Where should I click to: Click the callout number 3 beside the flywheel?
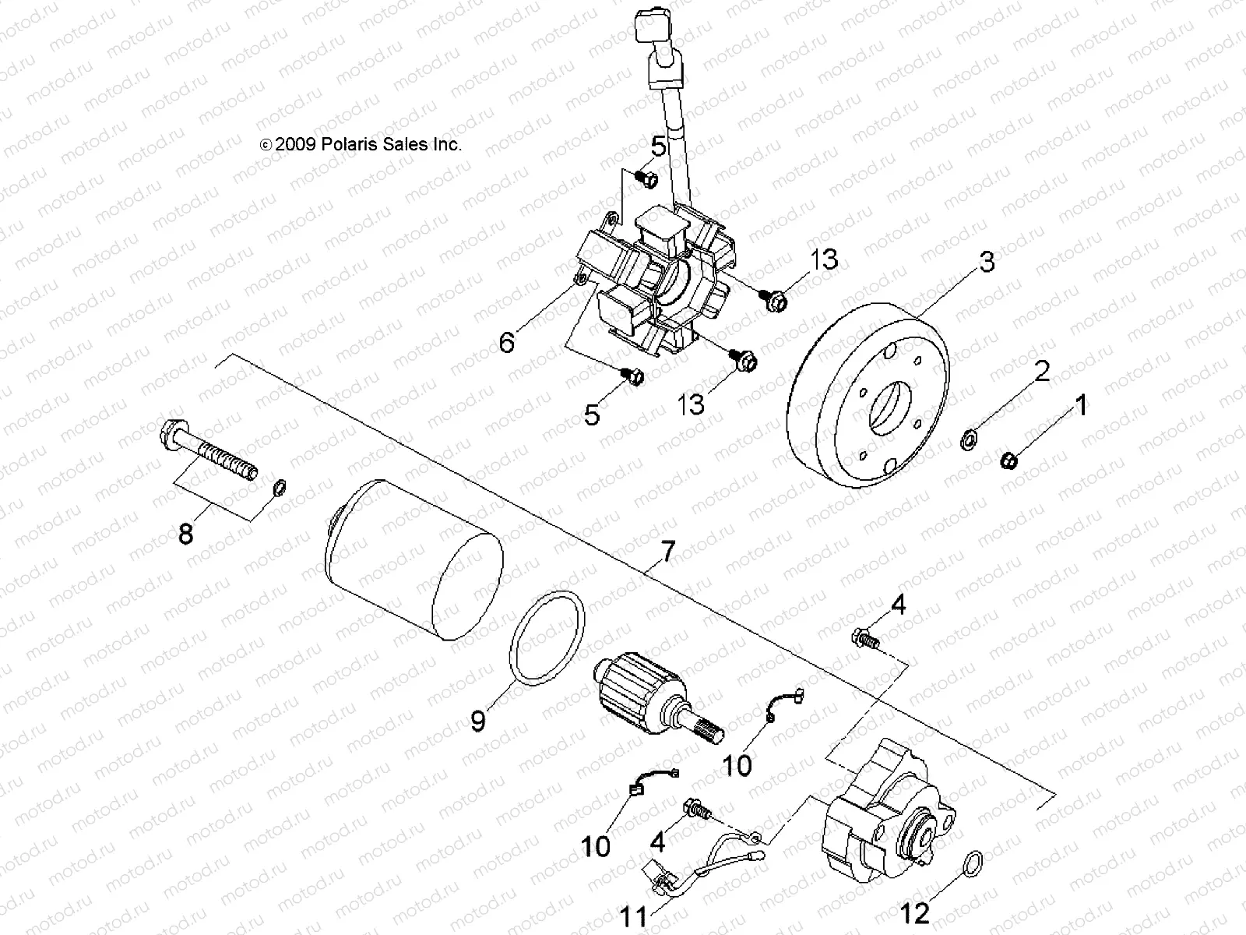(987, 263)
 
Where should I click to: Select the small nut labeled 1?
(1008, 461)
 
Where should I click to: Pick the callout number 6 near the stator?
(507, 341)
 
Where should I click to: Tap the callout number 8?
(185, 535)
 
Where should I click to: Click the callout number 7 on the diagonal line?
(667, 554)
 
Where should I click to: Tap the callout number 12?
(914, 912)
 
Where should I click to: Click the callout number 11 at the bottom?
(635, 916)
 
